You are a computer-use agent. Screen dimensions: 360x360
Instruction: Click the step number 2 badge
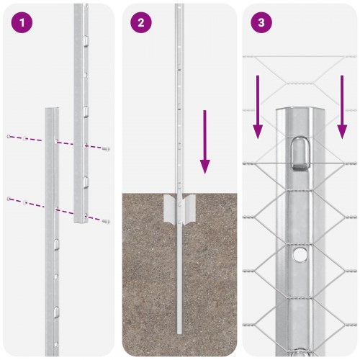click(x=140, y=23)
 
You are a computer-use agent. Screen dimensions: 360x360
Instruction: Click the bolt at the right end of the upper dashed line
click(x=107, y=149)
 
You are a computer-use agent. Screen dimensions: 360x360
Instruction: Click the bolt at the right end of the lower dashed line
click(x=107, y=221)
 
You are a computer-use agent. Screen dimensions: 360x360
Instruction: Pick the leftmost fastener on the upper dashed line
click(x=9, y=136)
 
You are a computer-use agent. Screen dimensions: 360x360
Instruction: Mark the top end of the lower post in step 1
click(x=53, y=110)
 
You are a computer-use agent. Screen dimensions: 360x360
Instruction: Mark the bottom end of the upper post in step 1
click(x=81, y=220)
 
